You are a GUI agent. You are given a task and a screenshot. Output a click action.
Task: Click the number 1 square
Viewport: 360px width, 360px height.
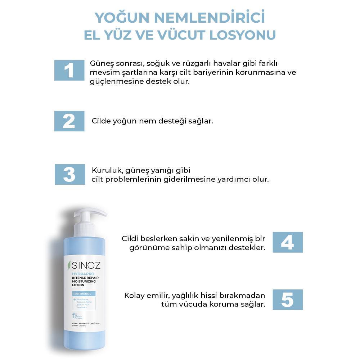(69, 70)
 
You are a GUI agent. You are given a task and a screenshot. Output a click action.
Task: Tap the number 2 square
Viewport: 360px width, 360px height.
(69, 121)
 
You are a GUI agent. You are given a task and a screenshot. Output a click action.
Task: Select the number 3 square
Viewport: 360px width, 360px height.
(70, 174)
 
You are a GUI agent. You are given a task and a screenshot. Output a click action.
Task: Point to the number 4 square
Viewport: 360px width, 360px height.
(287, 242)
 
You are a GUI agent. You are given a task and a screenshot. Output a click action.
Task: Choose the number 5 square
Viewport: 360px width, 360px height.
(287, 300)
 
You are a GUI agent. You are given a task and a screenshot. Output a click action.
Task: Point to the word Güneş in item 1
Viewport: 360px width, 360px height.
(101, 63)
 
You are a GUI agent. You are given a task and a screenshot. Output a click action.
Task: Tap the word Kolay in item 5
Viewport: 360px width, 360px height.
(134, 296)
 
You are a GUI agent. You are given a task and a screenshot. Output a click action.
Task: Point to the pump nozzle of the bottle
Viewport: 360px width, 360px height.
(99, 212)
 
